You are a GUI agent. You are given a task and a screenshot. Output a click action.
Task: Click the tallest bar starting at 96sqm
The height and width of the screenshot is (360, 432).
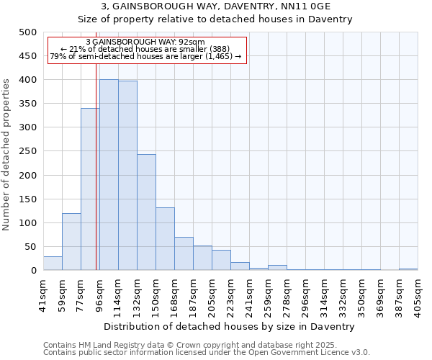tap(109, 175)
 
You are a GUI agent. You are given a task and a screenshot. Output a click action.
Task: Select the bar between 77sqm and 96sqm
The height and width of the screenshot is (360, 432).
tap(90, 189)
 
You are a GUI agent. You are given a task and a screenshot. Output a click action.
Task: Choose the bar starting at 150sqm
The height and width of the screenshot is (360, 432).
tap(165, 239)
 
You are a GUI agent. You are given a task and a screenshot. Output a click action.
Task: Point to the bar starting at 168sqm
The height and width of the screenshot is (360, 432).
tap(184, 253)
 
